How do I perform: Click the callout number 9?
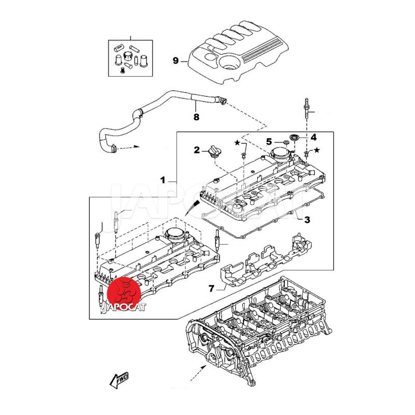point(175,61)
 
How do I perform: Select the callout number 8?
point(196,118)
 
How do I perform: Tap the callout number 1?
point(163,181)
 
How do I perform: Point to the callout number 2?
point(197,150)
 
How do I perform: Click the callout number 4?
point(313,137)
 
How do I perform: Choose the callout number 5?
point(269,141)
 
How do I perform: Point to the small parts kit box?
point(130,57)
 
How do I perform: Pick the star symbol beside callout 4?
point(317,150)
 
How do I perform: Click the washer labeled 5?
point(285,142)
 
